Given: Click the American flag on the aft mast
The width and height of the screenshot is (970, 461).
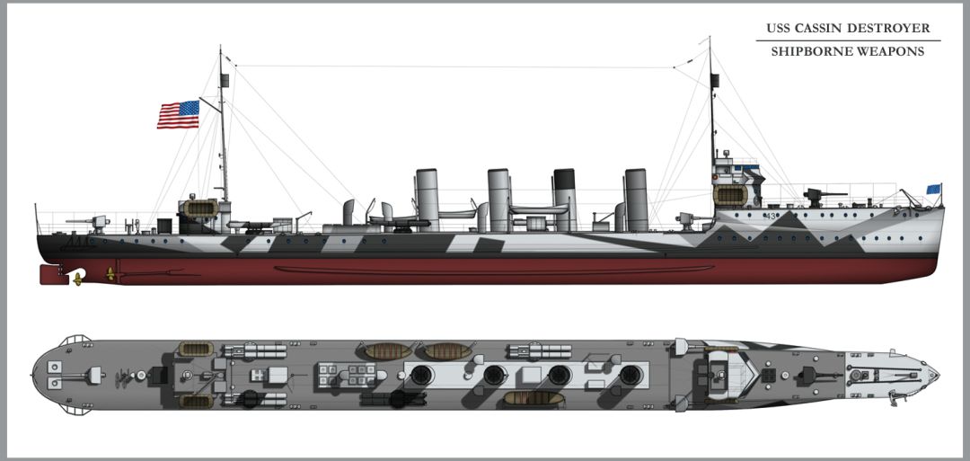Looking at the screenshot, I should point(178,114).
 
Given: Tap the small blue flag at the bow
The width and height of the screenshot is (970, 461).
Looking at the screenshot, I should point(933,190).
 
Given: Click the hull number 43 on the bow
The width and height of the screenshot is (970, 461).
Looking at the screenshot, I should point(770,217).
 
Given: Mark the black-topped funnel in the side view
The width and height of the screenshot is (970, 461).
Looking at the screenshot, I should point(565,198).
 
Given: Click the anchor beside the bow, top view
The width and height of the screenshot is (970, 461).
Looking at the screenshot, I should point(892,393).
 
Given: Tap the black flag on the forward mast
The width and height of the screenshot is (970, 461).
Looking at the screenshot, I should point(716,80).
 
